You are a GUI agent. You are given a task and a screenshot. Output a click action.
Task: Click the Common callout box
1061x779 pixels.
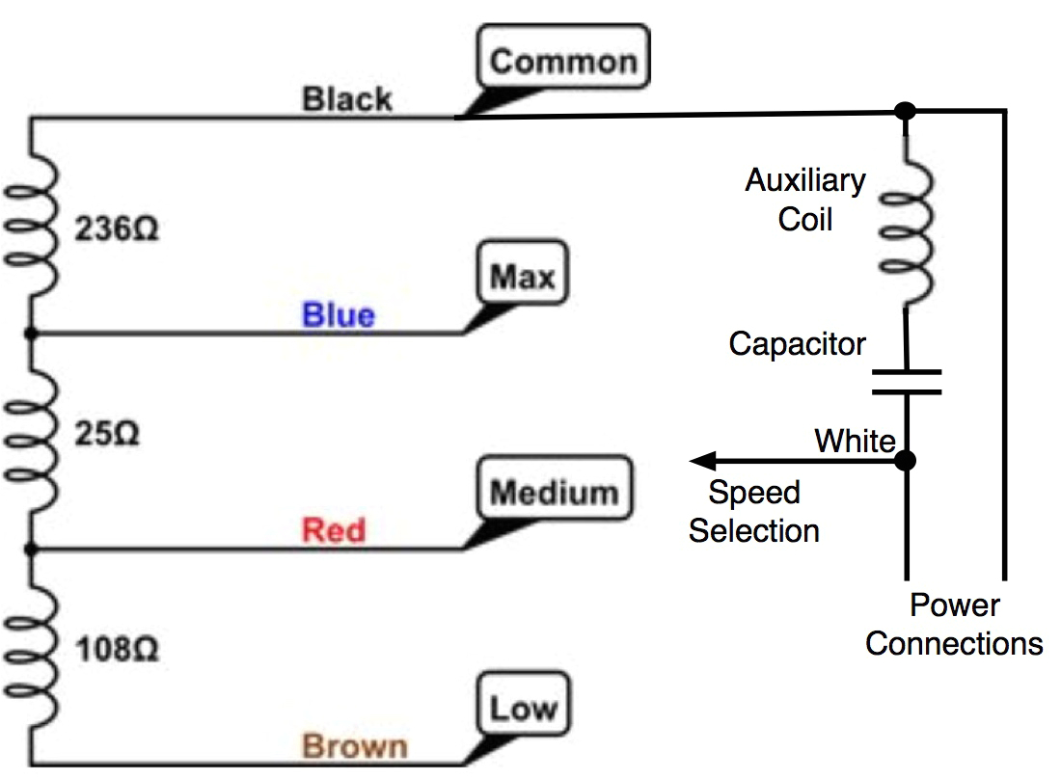[x=564, y=62]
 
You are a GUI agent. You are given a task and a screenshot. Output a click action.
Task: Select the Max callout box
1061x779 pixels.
[x=523, y=278]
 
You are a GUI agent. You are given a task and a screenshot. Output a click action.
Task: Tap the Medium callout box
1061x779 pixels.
[x=554, y=493]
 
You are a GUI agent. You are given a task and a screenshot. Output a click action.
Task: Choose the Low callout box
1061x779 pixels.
[x=523, y=709]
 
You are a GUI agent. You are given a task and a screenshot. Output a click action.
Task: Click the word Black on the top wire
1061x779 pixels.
[x=347, y=98]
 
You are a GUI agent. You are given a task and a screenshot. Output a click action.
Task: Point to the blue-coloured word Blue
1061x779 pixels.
[x=338, y=315]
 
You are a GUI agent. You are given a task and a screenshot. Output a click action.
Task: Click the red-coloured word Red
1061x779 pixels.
[x=334, y=530]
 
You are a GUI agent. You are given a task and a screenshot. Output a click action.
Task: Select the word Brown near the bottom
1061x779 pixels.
[x=355, y=746]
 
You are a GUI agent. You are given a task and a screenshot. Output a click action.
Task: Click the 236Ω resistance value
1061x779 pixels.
[x=117, y=231]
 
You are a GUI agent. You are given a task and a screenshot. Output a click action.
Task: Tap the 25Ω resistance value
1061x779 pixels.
[x=107, y=433]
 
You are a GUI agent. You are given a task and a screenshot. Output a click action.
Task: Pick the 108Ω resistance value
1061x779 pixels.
[x=117, y=650]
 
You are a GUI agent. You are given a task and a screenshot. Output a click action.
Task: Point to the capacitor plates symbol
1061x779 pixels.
[x=906, y=381]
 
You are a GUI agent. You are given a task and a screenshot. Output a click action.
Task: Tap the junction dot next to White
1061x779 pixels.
[x=905, y=461]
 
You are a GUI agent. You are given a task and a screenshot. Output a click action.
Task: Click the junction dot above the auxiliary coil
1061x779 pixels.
[x=905, y=111]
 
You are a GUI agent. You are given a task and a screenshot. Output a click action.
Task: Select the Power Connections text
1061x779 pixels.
[x=954, y=625]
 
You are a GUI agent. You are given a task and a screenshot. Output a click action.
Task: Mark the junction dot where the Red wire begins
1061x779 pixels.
[x=31, y=550]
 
